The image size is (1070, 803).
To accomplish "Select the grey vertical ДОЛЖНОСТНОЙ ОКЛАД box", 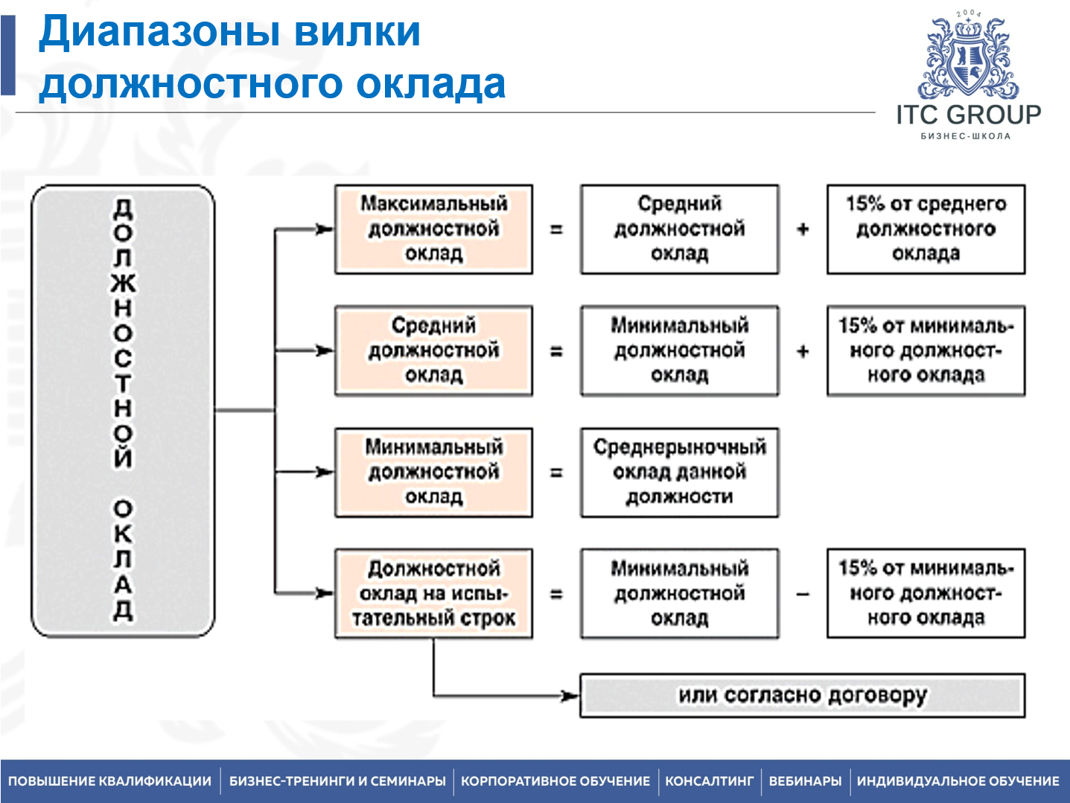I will (123, 411).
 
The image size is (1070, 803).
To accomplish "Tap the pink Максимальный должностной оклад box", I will (433, 229).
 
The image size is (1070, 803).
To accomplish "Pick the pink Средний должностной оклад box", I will (433, 351).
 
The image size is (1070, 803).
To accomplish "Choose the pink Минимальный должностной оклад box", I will (433, 472).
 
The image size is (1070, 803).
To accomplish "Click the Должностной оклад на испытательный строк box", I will (433, 594).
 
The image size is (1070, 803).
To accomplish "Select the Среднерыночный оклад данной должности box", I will (679, 472).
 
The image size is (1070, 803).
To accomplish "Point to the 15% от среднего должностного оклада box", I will (926, 229).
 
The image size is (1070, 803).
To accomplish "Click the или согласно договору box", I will (802, 695).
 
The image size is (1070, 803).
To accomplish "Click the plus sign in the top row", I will (803, 229).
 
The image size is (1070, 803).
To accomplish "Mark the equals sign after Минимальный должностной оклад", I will (556, 473).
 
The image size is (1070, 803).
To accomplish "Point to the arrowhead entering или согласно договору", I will (570, 696).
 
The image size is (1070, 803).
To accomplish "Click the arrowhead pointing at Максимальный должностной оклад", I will (324, 229).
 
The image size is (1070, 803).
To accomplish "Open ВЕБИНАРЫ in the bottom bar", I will (805, 781).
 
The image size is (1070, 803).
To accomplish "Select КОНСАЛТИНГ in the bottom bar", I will (709, 781).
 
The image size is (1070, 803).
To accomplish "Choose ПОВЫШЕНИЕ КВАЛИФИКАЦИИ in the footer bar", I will (110, 781).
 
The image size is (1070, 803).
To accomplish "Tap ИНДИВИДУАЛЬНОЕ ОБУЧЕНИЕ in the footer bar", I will (958, 781).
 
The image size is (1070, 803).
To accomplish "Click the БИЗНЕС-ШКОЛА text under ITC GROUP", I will (966, 136).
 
